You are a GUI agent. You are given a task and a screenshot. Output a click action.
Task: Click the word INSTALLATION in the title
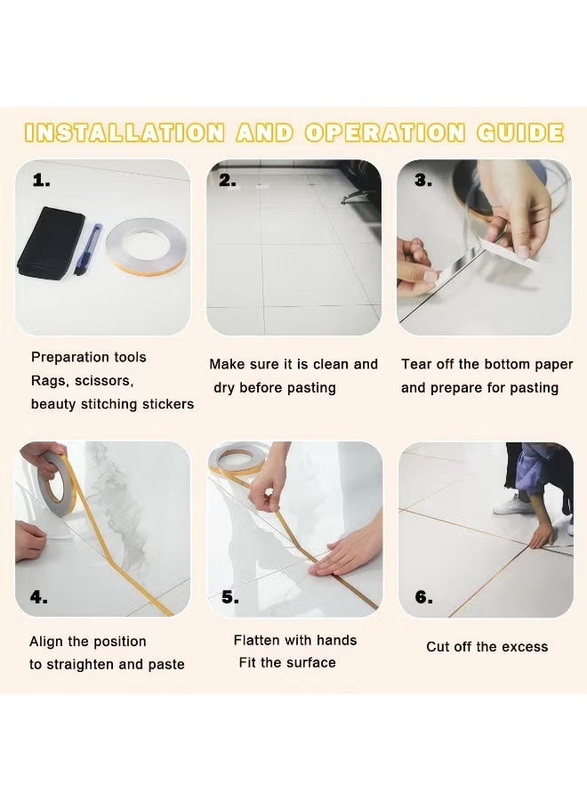125,133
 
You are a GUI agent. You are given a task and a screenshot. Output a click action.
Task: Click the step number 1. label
42,181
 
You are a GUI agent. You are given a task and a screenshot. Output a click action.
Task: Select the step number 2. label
229,181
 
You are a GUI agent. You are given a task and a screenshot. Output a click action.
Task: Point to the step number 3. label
423,181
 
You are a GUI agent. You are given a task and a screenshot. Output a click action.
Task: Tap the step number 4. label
39,597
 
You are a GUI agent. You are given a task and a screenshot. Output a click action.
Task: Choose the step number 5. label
230,597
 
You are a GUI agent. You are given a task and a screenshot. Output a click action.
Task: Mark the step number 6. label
423,597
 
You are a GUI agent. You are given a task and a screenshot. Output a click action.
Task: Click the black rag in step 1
51,241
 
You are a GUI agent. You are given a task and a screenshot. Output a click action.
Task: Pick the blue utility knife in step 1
93,249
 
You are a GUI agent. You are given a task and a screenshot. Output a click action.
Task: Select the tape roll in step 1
145,248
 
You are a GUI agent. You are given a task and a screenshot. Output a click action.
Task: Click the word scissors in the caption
107,381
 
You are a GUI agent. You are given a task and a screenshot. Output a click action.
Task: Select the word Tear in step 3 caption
416,365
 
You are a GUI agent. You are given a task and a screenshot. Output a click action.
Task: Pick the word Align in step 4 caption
47,642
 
